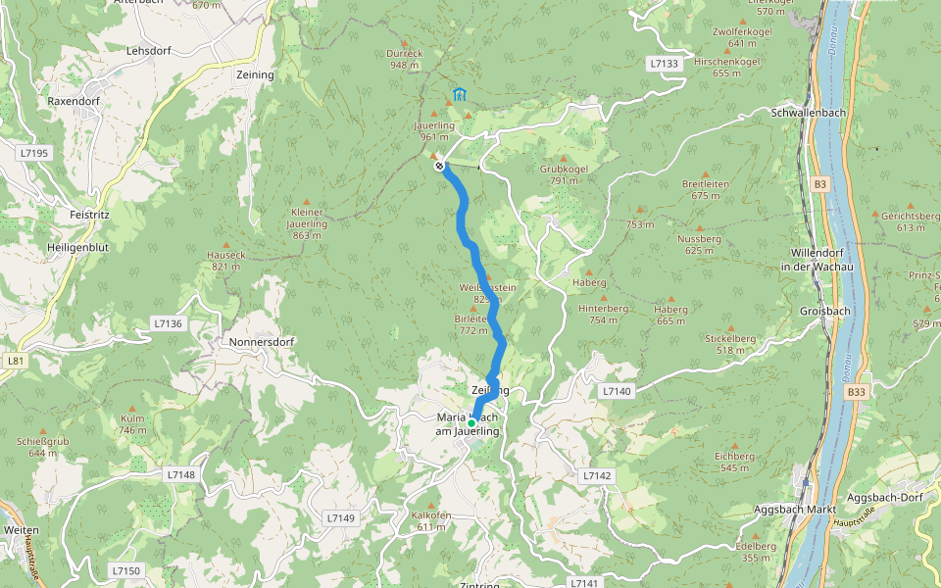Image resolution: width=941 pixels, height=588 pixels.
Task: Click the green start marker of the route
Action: tap(471, 422)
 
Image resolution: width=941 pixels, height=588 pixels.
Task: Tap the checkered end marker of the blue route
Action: tap(441, 166)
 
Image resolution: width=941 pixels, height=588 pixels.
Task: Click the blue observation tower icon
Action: tap(459, 95)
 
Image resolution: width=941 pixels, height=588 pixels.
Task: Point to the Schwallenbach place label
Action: tap(800, 113)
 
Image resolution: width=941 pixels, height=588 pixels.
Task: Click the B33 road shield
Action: tap(857, 392)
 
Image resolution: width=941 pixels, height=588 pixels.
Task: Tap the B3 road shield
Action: tap(819, 183)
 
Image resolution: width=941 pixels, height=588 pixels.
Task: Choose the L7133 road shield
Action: tap(664, 64)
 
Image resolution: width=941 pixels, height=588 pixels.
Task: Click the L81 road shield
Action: tap(15, 361)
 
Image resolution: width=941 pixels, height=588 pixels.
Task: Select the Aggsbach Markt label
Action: tap(794, 511)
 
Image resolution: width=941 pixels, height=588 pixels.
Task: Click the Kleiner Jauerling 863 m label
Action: tap(307, 223)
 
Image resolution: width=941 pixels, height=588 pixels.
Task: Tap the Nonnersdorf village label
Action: tap(262, 343)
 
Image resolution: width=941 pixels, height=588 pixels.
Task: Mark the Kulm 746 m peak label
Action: tap(132, 424)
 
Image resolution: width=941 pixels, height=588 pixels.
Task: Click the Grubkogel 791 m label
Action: tap(565, 174)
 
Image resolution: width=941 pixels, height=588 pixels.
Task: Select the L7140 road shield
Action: tap(617, 391)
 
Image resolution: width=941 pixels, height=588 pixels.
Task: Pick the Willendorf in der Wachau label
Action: tap(817, 261)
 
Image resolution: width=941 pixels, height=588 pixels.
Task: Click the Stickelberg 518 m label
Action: tap(730, 344)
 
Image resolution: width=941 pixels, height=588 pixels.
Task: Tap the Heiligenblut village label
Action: tap(77, 248)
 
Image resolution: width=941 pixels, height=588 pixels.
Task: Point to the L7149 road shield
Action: tap(340, 517)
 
